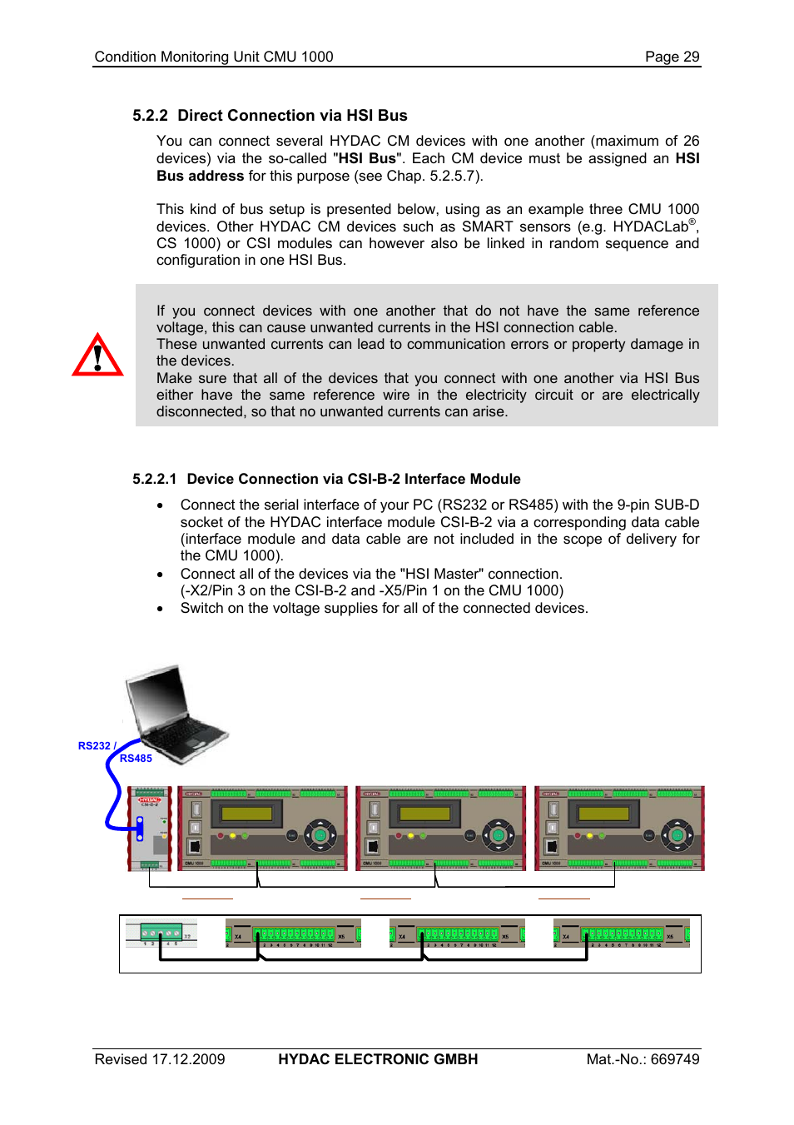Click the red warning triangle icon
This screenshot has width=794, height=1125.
point(97,356)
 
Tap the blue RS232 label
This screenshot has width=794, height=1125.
point(94,746)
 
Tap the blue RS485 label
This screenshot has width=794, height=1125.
point(136,759)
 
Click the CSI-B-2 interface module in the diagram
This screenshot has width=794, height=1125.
point(150,828)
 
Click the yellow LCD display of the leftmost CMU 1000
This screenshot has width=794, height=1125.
point(246,814)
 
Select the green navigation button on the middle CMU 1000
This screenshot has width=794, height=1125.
point(499,834)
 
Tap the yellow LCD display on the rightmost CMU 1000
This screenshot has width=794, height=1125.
point(603,814)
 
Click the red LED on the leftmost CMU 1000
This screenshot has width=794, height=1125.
point(221,835)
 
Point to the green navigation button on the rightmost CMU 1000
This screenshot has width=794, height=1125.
point(677,834)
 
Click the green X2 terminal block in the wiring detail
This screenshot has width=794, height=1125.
point(161,932)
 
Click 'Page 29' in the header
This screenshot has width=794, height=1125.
point(672,57)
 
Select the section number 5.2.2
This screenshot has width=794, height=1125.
point(150,116)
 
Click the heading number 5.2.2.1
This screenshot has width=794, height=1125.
point(154,479)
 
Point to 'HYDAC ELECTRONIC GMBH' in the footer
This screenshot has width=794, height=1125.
point(378,1059)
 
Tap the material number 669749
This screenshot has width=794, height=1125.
point(675,1059)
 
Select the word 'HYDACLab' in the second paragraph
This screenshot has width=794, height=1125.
point(650,226)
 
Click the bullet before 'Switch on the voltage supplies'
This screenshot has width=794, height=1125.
point(160,609)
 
